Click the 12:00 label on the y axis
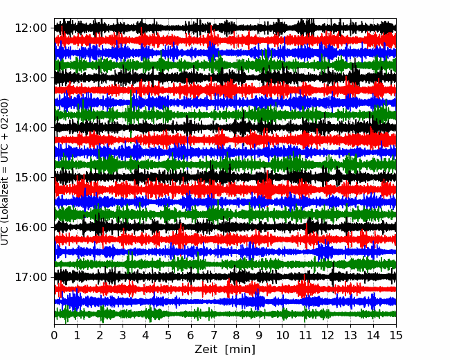[30, 28]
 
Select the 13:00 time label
[30, 78]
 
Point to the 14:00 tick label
[30, 127]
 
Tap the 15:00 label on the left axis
[30, 177]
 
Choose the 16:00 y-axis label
[30, 227]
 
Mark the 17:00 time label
[30, 277]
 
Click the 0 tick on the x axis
[54, 335]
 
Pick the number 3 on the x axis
[123, 335]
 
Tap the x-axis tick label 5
[168, 335]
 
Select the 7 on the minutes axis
[214, 335]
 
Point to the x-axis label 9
[260, 335]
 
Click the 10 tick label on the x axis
[282, 335]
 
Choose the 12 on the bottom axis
[327, 335]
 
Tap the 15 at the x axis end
[396, 335]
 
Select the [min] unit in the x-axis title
[240, 350]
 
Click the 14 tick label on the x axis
[373, 335]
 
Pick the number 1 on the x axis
[77, 335]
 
